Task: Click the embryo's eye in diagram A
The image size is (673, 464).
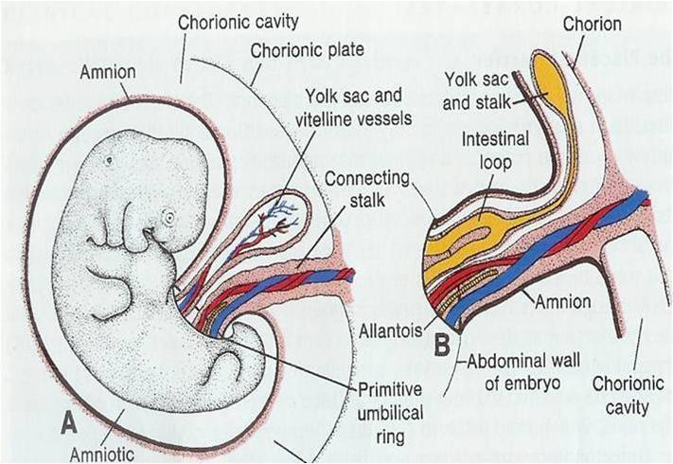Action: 168,218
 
